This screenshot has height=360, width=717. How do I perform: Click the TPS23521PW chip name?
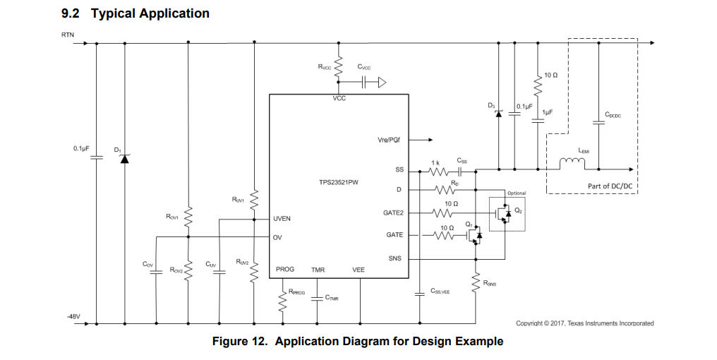tap(338, 182)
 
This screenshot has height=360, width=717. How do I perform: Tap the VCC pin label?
tap(339, 98)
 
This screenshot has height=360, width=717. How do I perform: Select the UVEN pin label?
tap(282, 219)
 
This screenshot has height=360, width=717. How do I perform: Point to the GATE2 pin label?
tap(393, 212)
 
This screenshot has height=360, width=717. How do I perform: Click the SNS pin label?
tap(394, 258)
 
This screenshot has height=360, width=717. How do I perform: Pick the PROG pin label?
tap(285, 269)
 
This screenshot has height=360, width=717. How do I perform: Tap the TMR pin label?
tap(318, 270)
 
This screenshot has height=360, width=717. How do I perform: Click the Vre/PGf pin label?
tap(389, 140)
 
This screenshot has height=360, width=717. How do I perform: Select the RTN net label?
tap(68, 35)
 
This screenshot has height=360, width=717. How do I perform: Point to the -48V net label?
tap(73, 316)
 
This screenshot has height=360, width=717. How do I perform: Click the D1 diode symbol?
tap(125, 159)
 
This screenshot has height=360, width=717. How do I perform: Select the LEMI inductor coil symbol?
tap(572, 163)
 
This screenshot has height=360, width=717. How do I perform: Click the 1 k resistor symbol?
tap(438, 172)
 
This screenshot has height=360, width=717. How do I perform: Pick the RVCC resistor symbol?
tap(338, 67)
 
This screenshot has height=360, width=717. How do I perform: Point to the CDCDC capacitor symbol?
tap(598, 123)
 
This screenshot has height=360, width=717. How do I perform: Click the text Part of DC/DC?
tap(610, 186)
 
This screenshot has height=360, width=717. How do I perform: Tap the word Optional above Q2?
tap(517, 193)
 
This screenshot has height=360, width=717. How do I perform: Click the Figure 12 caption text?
tap(358, 341)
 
